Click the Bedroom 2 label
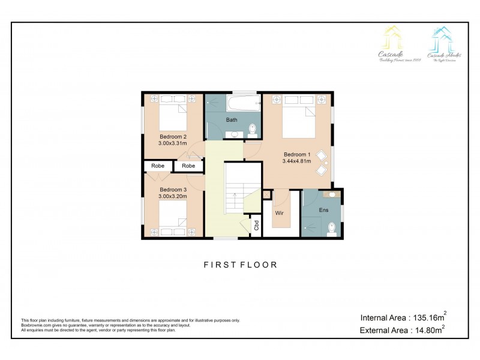point(173,137)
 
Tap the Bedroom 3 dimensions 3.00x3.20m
point(173,196)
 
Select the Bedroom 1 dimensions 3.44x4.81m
point(297,161)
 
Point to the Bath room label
point(232,120)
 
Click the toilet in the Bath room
point(253,128)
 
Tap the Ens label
point(324,210)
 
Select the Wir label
point(279,213)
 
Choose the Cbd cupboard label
point(256,226)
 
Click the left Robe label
point(158,166)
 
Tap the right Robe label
point(188,166)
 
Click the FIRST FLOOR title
point(240,264)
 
